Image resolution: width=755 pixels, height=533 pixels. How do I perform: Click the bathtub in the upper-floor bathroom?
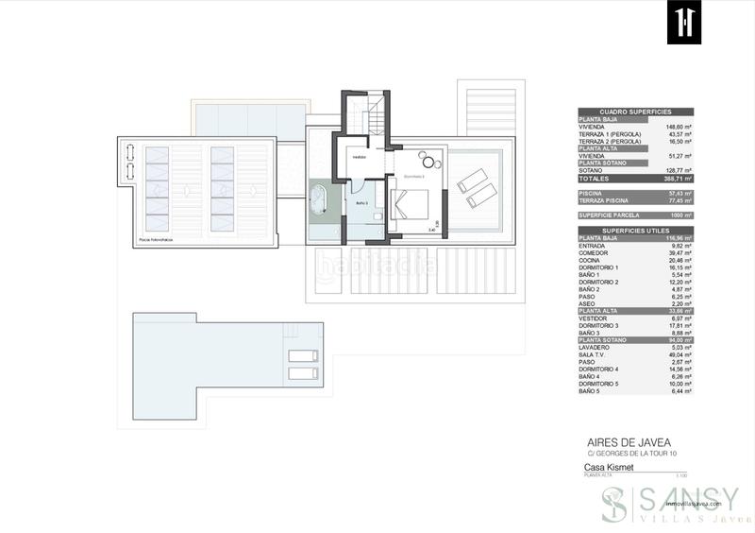tap(319, 199)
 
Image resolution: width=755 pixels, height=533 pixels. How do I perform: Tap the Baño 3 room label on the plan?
tap(361, 202)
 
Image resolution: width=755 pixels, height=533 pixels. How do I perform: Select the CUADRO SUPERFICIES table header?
tap(634, 112)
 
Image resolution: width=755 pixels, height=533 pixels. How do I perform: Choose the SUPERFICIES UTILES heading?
tap(634, 230)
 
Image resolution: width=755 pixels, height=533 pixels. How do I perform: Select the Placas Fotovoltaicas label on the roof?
tap(157, 240)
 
